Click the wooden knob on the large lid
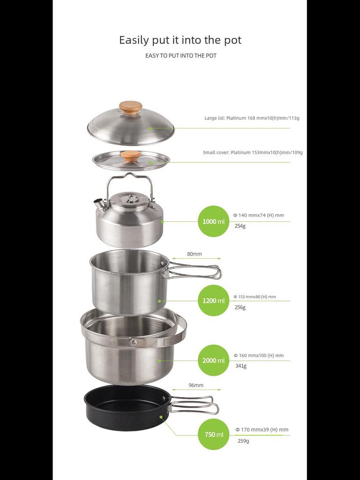click(x=131, y=107)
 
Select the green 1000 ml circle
click(x=214, y=221)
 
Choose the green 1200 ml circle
click(x=214, y=300)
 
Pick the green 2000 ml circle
click(x=214, y=360)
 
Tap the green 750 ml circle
click(x=214, y=434)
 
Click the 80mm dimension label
click(x=195, y=254)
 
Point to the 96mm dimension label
click(x=196, y=385)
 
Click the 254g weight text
click(x=240, y=225)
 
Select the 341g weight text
click(x=241, y=366)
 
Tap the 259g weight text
click(x=243, y=441)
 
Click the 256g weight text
click(x=240, y=307)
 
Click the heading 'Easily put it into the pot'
click(x=180, y=40)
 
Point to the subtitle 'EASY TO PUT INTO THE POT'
click(x=180, y=55)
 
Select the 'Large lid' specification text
click(x=252, y=118)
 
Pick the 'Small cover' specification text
click(x=253, y=152)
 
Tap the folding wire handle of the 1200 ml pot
click(x=196, y=271)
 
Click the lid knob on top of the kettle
click(x=129, y=198)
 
